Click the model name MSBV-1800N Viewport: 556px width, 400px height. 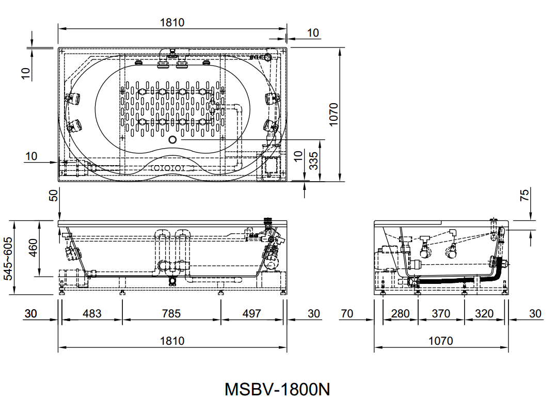point(277,388)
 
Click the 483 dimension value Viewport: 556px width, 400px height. point(92,313)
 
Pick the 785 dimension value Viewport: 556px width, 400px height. point(171,313)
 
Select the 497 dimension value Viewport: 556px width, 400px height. point(252,313)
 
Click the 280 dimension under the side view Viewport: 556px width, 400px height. point(400,313)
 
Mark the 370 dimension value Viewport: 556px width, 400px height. point(441,313)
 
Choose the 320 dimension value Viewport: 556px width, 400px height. point(484,313)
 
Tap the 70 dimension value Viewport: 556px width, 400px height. point(347,313)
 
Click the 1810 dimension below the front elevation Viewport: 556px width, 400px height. point(172,341)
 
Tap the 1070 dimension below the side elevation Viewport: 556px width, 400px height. point(441,341)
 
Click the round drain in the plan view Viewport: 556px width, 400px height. point(172,139)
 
